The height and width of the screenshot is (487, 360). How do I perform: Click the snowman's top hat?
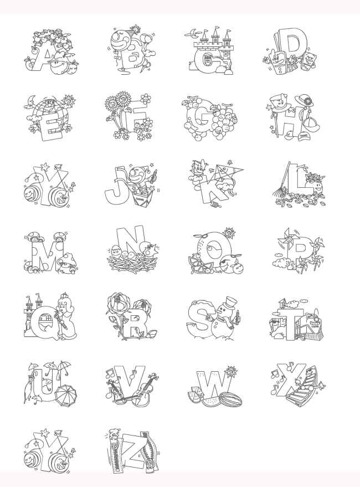[230, 301]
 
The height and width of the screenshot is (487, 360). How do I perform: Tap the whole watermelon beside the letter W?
[230, 398]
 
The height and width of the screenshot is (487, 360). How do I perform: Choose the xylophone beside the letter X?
[300, 391]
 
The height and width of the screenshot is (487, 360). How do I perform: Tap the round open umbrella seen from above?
[66, 394]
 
